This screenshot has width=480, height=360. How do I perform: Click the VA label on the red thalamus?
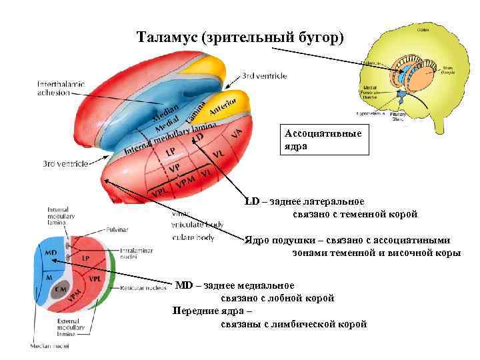(236, 133)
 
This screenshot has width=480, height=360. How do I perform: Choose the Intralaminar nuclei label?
(137, 253)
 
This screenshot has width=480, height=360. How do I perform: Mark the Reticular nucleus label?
(143, 288)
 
